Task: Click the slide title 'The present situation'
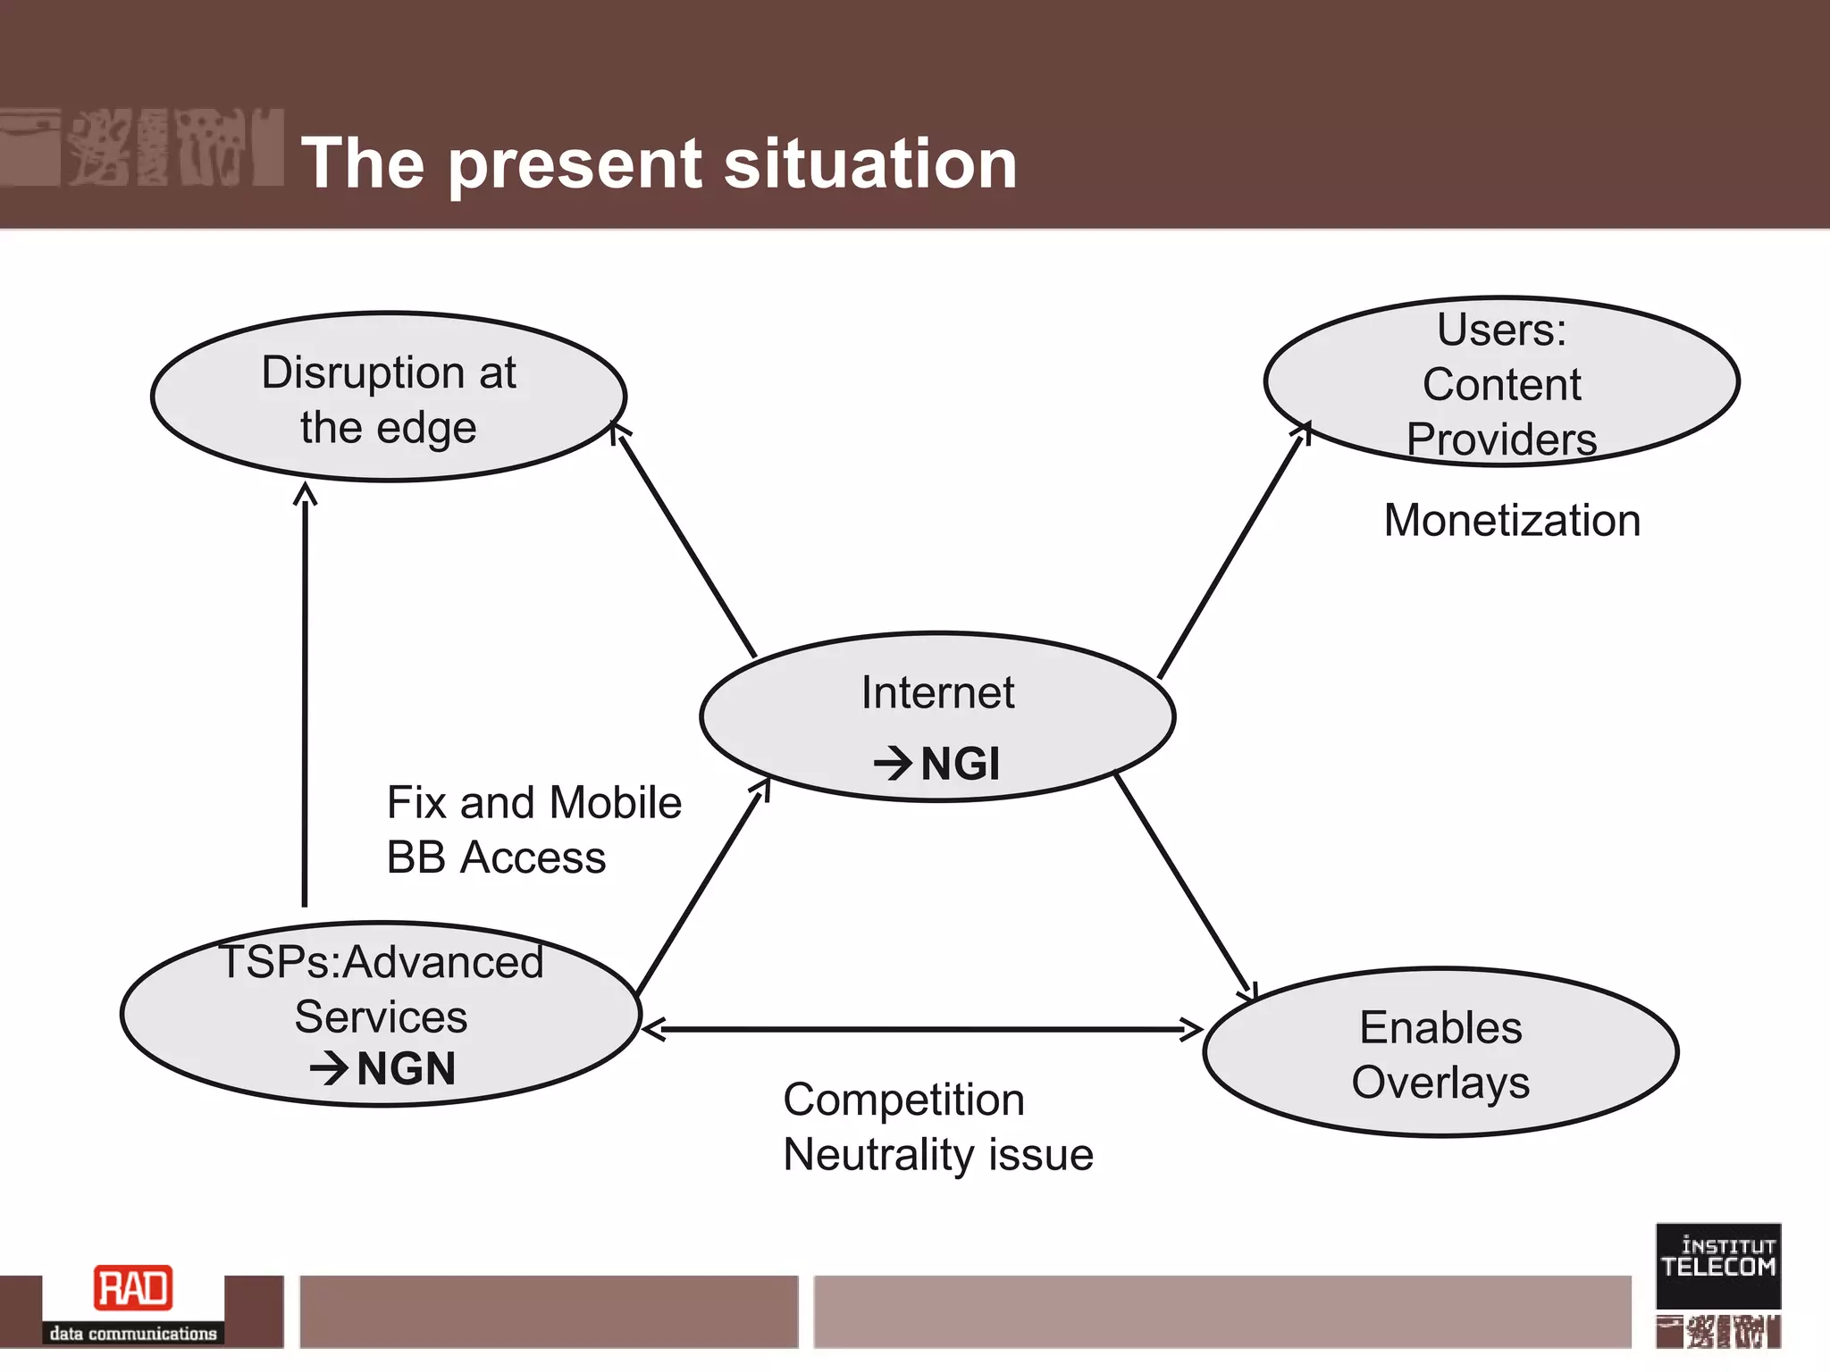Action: tap(659, 163)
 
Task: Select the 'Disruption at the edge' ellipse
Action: tap(389, 397)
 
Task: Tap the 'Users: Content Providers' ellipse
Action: tap(1501, 382)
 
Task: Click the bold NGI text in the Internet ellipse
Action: tap(959, 765)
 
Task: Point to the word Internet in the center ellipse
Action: tap(937, 693)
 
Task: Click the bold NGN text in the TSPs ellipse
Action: tap(406, 1069)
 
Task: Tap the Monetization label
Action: tap(1512, 521)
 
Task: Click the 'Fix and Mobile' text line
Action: tap(533, 802)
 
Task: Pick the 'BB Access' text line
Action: tap(496, 857)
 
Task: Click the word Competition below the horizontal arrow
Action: tap(903, 1100)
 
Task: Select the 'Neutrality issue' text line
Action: tap(937, 1155)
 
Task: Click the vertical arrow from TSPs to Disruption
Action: tap(305, 697)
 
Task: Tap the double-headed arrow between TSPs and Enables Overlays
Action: tap(920, 1030)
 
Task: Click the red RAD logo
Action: tap(133, 1289)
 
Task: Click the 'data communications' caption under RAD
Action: tap(133, 1334)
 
